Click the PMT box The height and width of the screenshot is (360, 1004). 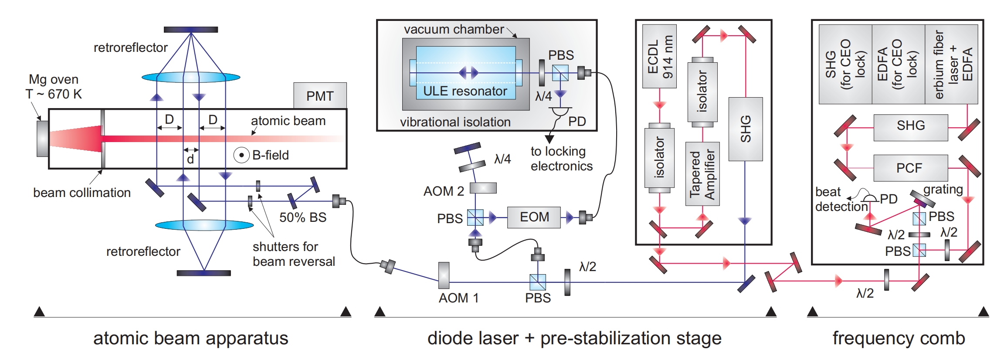(320, 96)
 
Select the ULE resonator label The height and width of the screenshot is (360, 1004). (465, 91)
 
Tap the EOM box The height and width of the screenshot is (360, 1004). (534, 217)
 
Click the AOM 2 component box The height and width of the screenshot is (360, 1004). (483, 188)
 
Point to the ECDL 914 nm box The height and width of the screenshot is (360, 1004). (659, 56)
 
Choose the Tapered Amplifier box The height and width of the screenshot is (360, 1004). (702, 174)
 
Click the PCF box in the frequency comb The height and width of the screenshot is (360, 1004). (910, 168)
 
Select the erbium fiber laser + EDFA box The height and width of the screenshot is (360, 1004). (952, 64)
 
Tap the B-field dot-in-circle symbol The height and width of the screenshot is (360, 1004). (241, 155)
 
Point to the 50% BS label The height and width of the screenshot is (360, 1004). (303, 217)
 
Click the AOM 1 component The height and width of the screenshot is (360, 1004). (444, 275)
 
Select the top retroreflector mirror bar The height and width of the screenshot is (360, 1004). (190, 30)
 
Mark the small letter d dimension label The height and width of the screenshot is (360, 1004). (190, 160)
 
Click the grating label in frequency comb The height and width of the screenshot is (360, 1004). (943, 190)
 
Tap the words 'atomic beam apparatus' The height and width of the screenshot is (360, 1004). (190, 338)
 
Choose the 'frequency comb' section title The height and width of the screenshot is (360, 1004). (899, 338)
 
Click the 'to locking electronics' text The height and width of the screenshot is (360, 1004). (561, 159)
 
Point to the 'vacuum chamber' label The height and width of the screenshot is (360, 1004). (454, 30)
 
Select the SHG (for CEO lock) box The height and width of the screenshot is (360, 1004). (845, 64)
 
